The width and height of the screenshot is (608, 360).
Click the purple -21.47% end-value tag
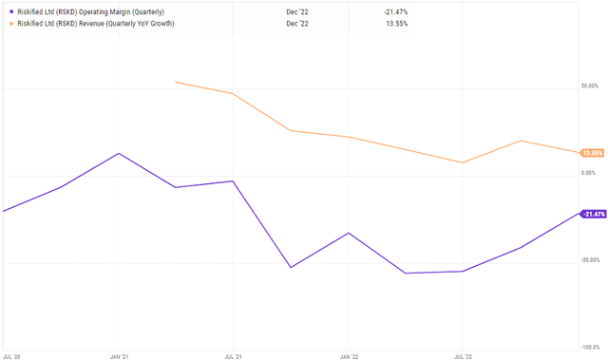[x=593, y=214]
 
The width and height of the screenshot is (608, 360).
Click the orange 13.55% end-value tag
[x=593, y=153]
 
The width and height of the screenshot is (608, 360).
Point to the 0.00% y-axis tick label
[x=591, y=173]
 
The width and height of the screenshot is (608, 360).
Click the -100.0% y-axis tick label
[x=590, y=348]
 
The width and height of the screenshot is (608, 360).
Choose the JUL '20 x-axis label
[x=12, y=355]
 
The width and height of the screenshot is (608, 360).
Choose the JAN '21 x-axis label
[x=119, y=355]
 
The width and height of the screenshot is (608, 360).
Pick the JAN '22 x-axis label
[x=349, y=355]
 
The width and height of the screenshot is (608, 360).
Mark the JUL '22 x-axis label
[x=462, y=355]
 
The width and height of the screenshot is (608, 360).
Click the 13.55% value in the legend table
[x=395, y=23]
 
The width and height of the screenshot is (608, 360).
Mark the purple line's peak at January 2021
[x=119, y=153]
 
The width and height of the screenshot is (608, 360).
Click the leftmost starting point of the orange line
[x=176, y=83]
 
